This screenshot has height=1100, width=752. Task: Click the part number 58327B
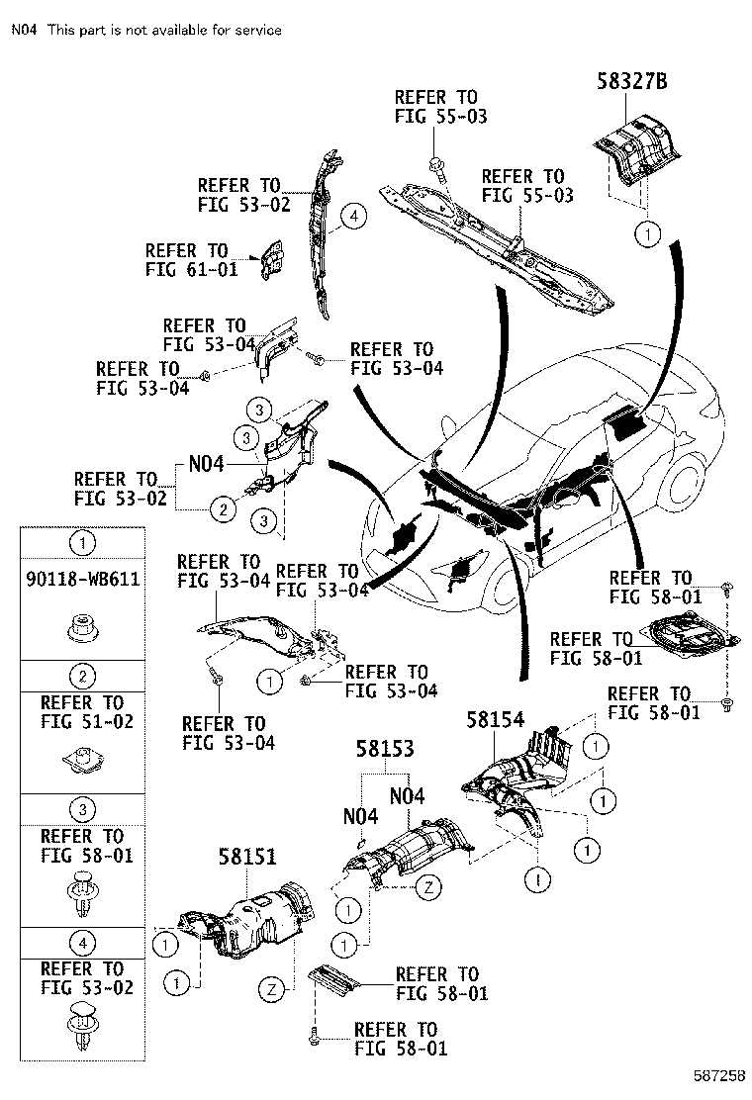pyautogui.click(x=630, y=82)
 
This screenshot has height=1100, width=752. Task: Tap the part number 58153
pyautogui.click(x=386, y=751)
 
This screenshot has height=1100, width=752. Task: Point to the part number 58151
pyautogui.click(x=248, y=857)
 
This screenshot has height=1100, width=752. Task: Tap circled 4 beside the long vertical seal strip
pyautogui.click(x=353, y=217)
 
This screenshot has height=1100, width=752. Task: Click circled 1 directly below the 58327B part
pyautogui.click(x=646, y=233)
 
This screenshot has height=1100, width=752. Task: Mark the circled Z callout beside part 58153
pyautogui.click(x=428, y=887)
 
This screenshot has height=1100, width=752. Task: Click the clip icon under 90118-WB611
pyautogui.click(x=84, y=625)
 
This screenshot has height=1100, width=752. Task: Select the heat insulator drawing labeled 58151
pyautogui.click(x=247, y=920)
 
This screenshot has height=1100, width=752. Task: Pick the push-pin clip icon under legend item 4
pyautogui.click(x=84, y=1025)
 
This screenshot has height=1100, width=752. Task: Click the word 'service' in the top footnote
pyautogui.click(x=255, y=30)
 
